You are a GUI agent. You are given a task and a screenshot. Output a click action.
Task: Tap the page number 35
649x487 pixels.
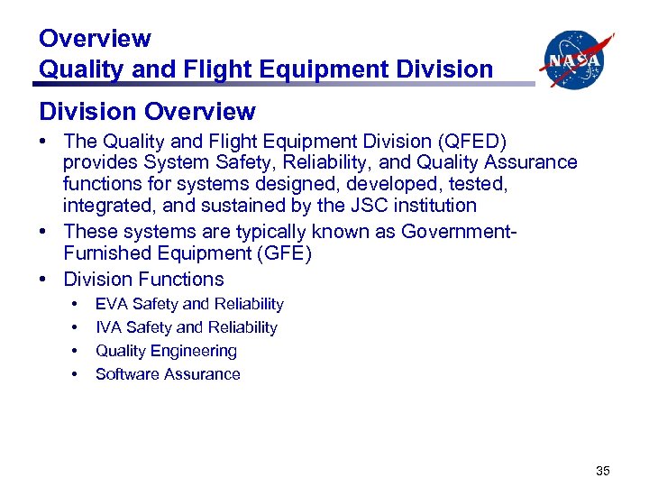coord(602,470)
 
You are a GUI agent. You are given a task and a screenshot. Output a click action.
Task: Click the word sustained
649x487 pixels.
coord(233,206)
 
